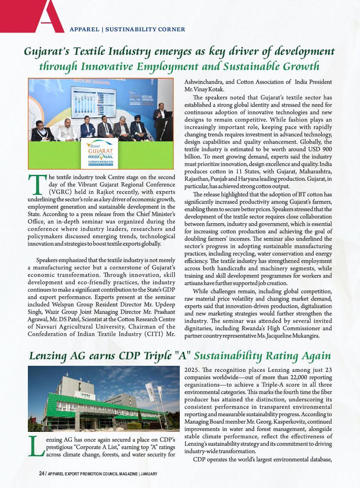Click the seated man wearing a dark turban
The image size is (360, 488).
[138, 128]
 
